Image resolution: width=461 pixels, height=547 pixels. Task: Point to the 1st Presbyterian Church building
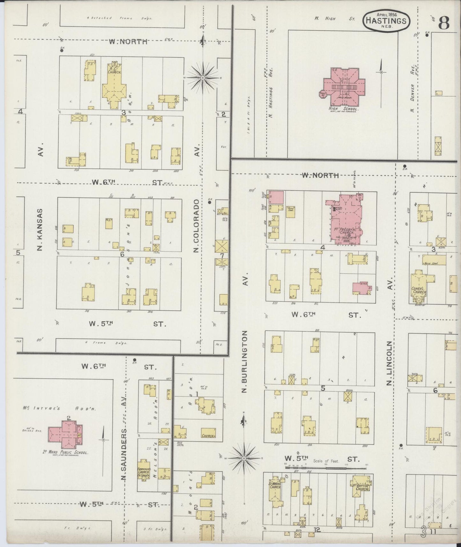click(346, 220)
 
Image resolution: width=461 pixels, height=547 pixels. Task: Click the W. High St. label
click(334, 19)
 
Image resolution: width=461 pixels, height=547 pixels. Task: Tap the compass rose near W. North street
click(203, 78)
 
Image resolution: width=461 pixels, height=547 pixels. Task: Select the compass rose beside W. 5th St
click(244, 459)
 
